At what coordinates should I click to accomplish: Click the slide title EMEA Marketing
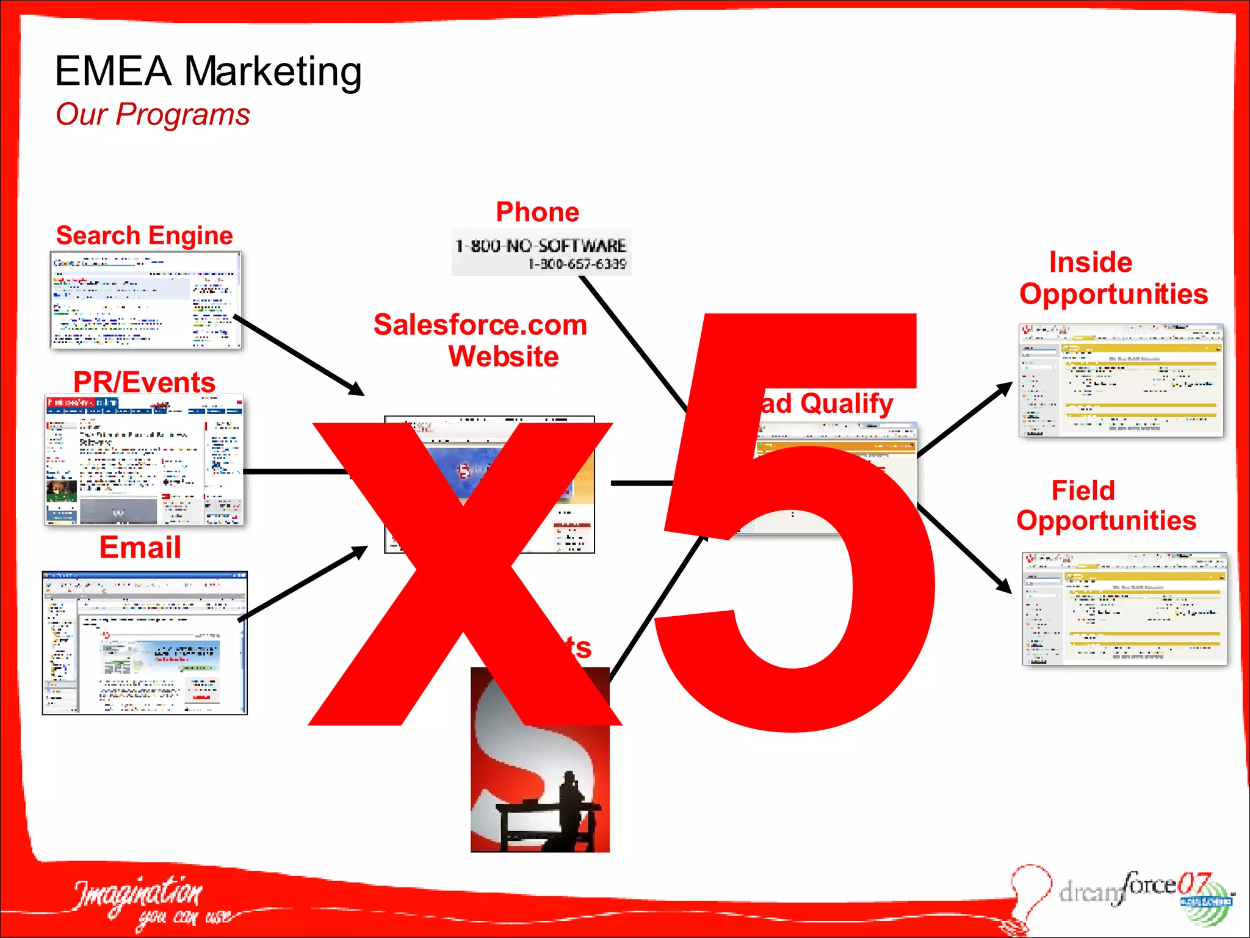[x=208, y=72]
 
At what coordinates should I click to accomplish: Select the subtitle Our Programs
[x=153, y=115]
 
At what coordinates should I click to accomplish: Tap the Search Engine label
[x=145, y=236]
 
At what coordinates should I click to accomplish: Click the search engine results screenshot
[x=146, y=300]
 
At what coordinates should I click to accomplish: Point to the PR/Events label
[x=145, y=382]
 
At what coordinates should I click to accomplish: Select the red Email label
[x=140, y=547]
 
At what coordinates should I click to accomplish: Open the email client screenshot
[x=145, y=643]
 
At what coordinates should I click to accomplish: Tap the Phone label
[x=537, y=213]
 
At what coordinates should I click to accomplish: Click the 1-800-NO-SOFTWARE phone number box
[x=541, y=253]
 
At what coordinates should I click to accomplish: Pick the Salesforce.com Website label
[x=480, y=340]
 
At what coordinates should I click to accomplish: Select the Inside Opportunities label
[x=1113, y=278]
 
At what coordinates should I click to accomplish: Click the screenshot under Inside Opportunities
[x=1121, y=380]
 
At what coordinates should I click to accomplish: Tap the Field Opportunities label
[x=1106, y=506]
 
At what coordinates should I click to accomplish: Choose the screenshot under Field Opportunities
[x=1124, y=609]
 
